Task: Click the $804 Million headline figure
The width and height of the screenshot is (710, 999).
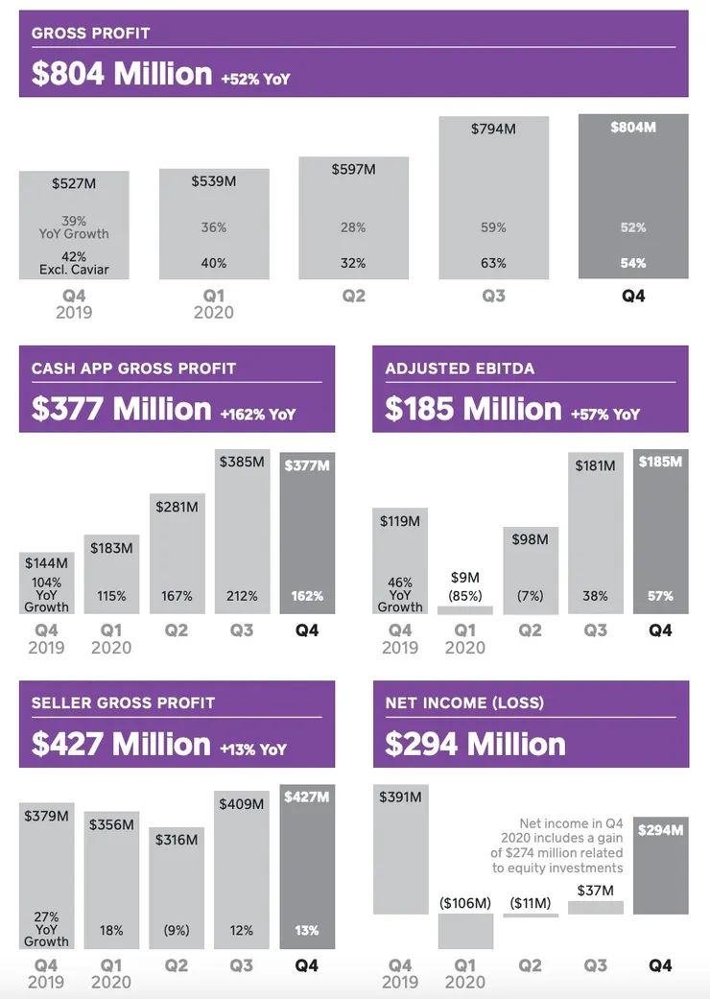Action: [122, 74]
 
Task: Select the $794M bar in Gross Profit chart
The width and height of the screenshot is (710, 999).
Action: [493, 197]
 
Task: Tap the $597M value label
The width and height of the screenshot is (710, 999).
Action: [353, 169]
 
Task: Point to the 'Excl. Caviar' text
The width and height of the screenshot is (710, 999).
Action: [74, 270]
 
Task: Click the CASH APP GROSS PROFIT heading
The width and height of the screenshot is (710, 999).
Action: [133, 369]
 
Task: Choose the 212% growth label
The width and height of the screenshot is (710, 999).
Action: [242, 596]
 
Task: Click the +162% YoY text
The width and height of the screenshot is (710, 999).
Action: [257, 415]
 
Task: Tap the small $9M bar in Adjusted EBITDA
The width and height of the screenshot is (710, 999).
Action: [465, 609]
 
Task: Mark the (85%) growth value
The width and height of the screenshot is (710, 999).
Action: [465, 596]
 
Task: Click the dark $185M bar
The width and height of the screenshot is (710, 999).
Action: [660, 533]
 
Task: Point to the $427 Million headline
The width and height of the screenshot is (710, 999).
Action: [121, 745]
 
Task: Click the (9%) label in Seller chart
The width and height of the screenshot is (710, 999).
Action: [177, 930]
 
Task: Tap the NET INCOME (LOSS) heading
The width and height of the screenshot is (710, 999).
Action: [464, 703]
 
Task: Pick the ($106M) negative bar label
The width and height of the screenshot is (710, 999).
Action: [465, 903]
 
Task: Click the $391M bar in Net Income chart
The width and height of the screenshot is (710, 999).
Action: [400, 849]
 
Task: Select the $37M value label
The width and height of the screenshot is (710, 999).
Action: [596, 891]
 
